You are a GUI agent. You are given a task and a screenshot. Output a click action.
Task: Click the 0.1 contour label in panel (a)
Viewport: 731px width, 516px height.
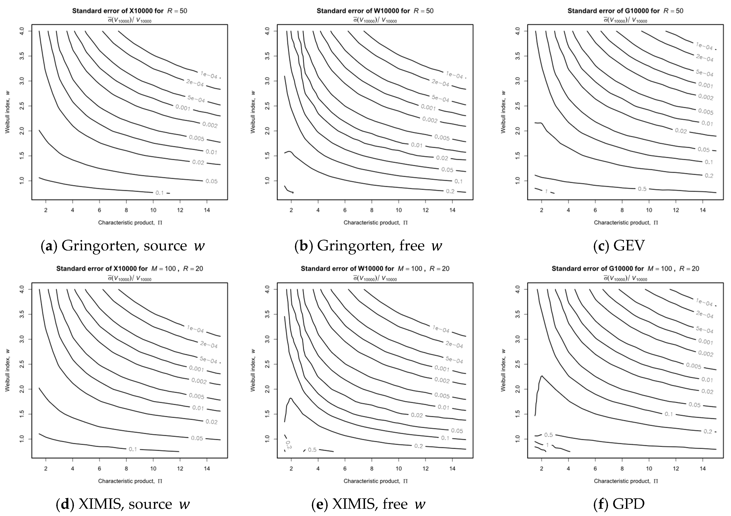[159, 193]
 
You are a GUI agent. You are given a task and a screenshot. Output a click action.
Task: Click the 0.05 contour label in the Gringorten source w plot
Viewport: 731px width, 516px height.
[211, 181]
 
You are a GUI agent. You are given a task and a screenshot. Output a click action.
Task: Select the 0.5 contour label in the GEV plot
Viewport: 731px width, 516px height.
[642, 189]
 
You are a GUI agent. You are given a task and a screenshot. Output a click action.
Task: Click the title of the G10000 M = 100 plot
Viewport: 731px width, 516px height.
[625, 268]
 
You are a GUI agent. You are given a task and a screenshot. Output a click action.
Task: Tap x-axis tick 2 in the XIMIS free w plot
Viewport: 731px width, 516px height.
[291, 468]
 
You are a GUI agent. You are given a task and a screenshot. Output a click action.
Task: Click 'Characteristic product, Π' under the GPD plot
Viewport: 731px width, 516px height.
[626, 481]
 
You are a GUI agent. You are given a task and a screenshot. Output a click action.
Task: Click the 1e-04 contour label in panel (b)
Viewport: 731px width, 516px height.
[454, 75]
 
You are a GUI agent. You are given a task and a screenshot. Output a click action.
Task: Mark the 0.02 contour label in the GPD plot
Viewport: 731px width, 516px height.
[707, 391]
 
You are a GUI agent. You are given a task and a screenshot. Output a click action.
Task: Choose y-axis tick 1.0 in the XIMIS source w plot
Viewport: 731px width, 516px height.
[22, 439]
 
